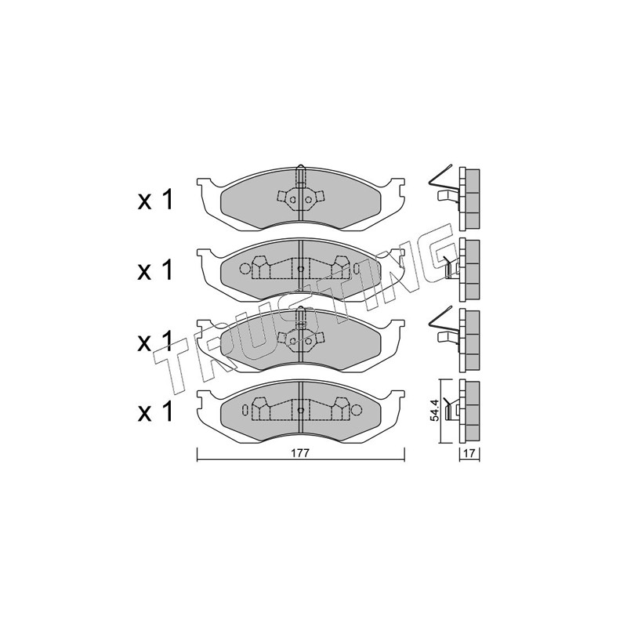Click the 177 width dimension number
(301, 453)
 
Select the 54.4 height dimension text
(436, 410)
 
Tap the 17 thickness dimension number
(469, 454)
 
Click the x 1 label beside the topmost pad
(155, 200)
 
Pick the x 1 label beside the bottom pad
(155, 412)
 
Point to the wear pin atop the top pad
(301, 176)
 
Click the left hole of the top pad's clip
(293, 200)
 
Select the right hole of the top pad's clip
(308, 200)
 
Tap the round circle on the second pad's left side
(245, 269)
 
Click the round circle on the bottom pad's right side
(357, 410)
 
